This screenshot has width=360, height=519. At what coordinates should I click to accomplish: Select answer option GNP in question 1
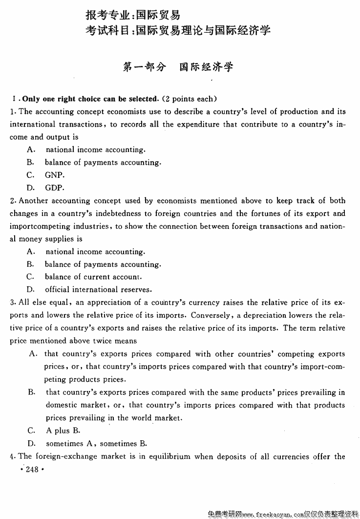point(55,175)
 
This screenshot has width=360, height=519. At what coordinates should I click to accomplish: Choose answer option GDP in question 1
point(55,188)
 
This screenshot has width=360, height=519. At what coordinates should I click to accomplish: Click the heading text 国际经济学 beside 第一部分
point(206,67)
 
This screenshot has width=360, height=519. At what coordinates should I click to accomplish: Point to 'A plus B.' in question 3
point(63,431)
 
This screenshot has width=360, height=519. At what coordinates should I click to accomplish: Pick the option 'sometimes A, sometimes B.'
point(96,444)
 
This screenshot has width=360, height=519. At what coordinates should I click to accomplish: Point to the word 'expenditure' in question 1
point(198,124)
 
